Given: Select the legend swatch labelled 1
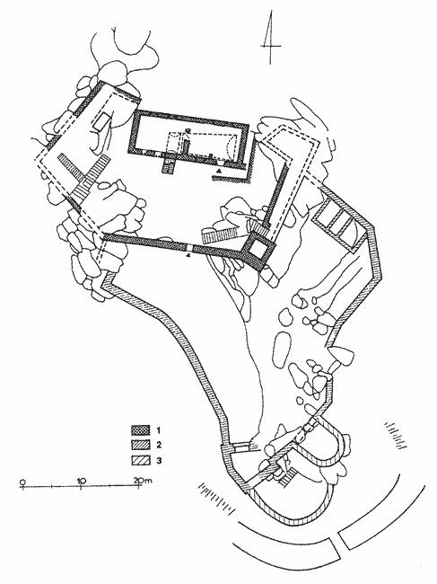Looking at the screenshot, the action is tap(140, 430).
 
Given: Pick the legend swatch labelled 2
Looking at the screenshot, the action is tap(140, 445).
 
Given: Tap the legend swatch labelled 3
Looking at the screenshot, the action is tap(140, 460).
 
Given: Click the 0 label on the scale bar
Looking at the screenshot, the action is tap(22, 482).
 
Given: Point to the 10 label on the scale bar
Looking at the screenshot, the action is tap(82, 481).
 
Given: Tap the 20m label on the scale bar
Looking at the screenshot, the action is tap(144, 481).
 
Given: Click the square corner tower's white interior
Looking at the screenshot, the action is tap(257, 248).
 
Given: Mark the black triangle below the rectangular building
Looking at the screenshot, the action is tap(220, 171).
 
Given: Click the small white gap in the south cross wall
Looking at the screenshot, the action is tap(189, 248).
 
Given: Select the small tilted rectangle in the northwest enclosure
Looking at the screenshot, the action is tap(101, 122).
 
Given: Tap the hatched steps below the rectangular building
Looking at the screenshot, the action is tap(169, 165).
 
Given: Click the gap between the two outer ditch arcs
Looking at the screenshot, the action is tap(337, 537).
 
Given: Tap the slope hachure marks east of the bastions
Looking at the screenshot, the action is tap(397, 435).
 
